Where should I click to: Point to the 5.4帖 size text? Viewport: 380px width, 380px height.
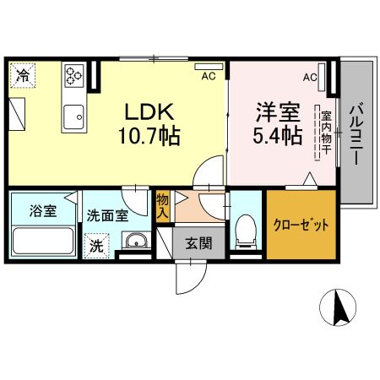(x=275, y=136)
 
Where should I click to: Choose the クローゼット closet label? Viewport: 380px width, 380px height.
(x=300, y=225)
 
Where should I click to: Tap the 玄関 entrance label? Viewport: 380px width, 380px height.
(x=200, y=245)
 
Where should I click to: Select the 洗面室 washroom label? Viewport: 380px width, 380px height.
(x=107, y=214)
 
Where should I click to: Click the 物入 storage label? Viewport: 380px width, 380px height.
(x=162, y=208)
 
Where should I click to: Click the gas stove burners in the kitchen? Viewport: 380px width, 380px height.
(x=73, y=76)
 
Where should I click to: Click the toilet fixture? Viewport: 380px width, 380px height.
(x=246, y=230)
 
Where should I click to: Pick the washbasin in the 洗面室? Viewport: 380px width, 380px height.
(x=135, y=243)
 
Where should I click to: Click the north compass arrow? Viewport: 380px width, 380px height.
(x=342, y=307)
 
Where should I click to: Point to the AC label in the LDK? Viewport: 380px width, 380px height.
(x=208, y=75)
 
